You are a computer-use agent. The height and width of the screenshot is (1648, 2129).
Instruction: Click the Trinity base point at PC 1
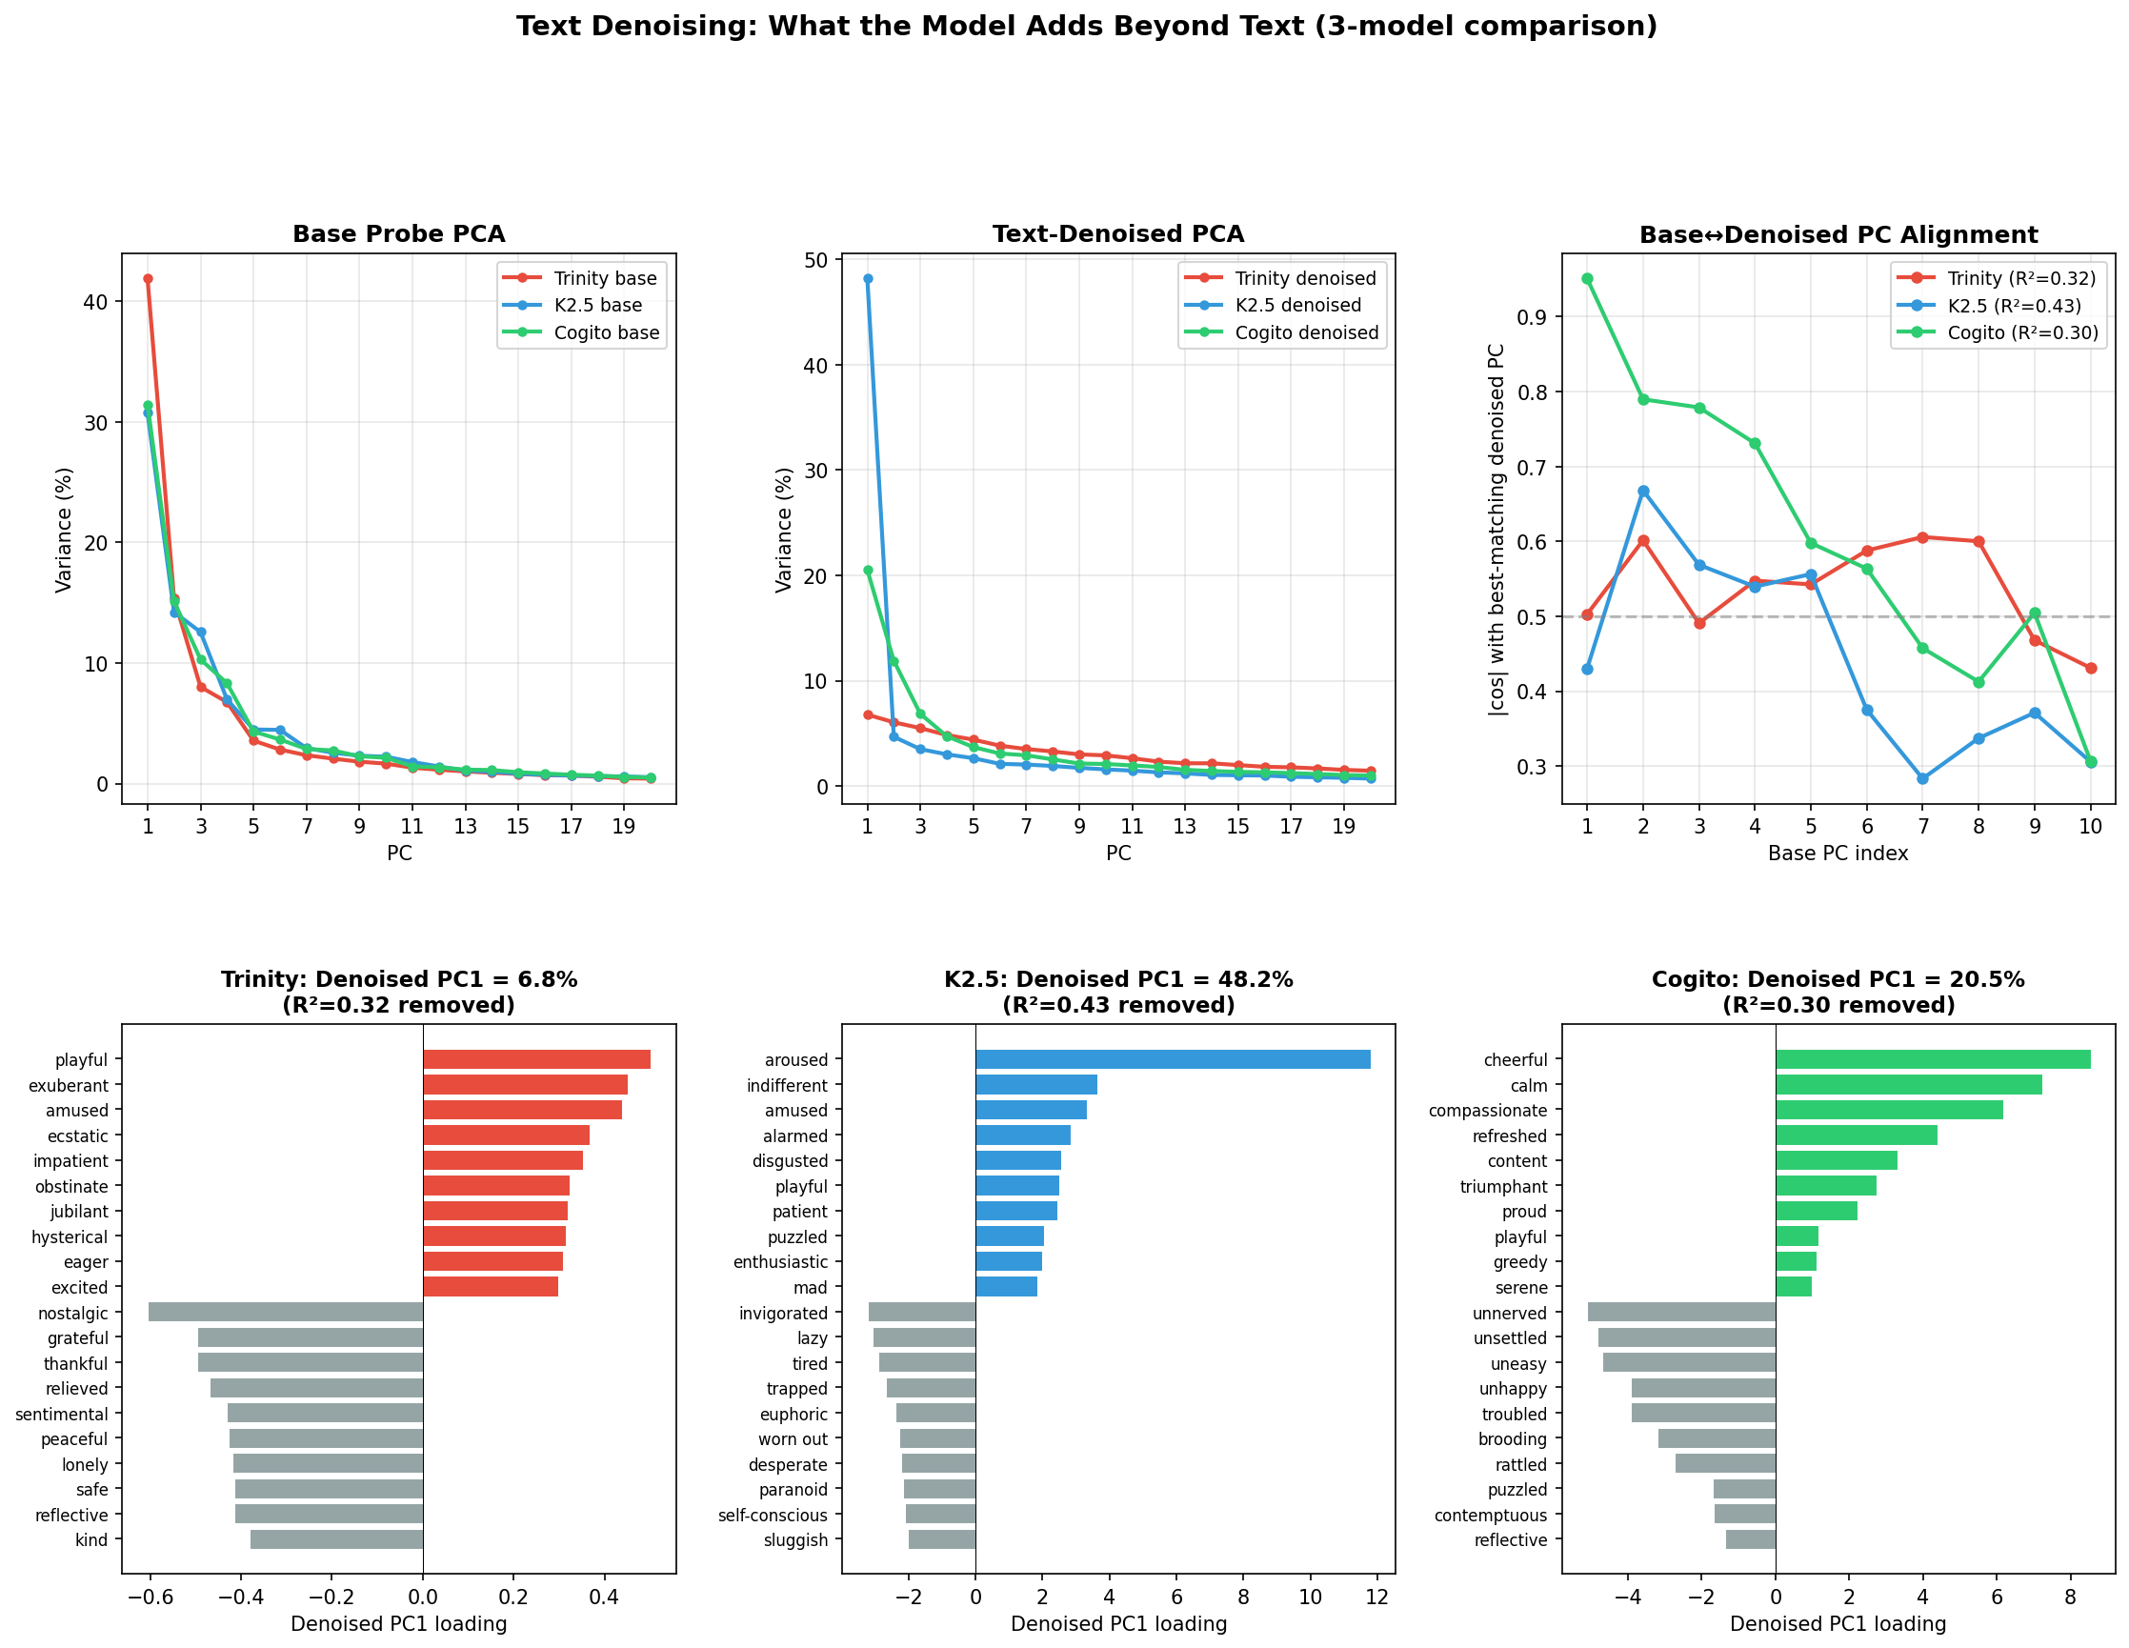coord(149,279)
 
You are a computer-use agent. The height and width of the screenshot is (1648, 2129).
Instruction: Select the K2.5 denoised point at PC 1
coord(868,279)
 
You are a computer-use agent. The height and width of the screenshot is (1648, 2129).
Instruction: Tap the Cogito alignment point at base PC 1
coord(1587,279)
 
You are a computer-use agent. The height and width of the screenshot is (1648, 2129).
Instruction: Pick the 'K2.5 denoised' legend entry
coord(1297,306)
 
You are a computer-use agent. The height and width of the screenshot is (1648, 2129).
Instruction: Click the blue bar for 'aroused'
coord(1173,1059)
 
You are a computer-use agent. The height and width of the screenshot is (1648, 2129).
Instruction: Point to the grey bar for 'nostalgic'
coord(286,1313)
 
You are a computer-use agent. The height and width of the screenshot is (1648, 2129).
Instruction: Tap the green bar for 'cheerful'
coord(1933,1059)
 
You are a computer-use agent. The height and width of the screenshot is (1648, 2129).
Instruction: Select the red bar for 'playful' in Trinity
coord(536,1059)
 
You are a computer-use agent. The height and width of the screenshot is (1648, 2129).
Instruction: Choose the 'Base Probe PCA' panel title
coord(399,235)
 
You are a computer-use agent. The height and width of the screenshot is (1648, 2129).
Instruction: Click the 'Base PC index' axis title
coord(1838,854)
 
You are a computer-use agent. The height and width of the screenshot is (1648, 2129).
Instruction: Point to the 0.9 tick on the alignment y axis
coord(1539,316)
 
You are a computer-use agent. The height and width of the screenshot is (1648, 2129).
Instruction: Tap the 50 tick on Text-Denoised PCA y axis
coord(817,260)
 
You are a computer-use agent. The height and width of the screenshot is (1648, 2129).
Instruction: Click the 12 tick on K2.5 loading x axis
coord(1376,1598)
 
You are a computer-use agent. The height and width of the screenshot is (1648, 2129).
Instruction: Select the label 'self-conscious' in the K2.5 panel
coord(772,1516)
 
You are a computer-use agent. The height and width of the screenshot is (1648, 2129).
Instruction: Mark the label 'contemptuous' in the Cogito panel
coord(1490,1516)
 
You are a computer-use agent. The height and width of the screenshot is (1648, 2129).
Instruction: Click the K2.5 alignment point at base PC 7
coord(1922,778)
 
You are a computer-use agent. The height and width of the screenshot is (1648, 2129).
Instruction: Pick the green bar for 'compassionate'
coord(1889,1110)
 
